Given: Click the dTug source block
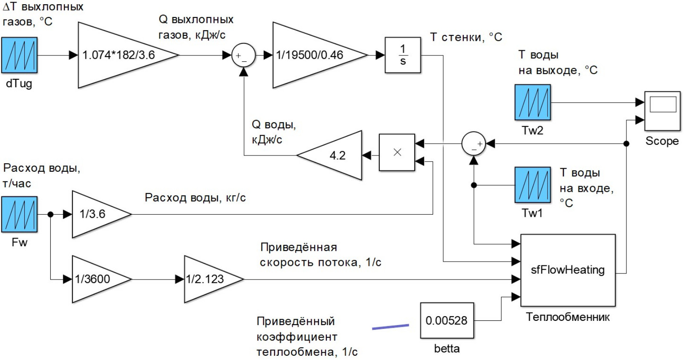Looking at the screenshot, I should click(19, 55).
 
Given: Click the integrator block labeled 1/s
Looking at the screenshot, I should click(403, 55).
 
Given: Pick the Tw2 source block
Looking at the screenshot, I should click(532, 102).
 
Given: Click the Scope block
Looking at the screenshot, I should click(662, 111).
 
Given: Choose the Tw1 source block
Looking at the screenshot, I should click(532, 185).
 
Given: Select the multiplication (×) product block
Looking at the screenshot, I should click(397, 153).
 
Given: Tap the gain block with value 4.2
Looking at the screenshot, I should click(335, 156).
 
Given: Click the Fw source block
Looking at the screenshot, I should click(19, 214).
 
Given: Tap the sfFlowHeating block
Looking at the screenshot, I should click(568, 270).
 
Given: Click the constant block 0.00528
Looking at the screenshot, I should click(447, 320).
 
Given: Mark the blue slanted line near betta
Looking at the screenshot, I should click(390, 327).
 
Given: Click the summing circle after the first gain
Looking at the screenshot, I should click(243, 55).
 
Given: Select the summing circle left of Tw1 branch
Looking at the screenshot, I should click(473, 144).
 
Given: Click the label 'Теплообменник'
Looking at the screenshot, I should click(568, 317).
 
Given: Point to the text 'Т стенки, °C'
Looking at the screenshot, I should click(466, 37).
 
